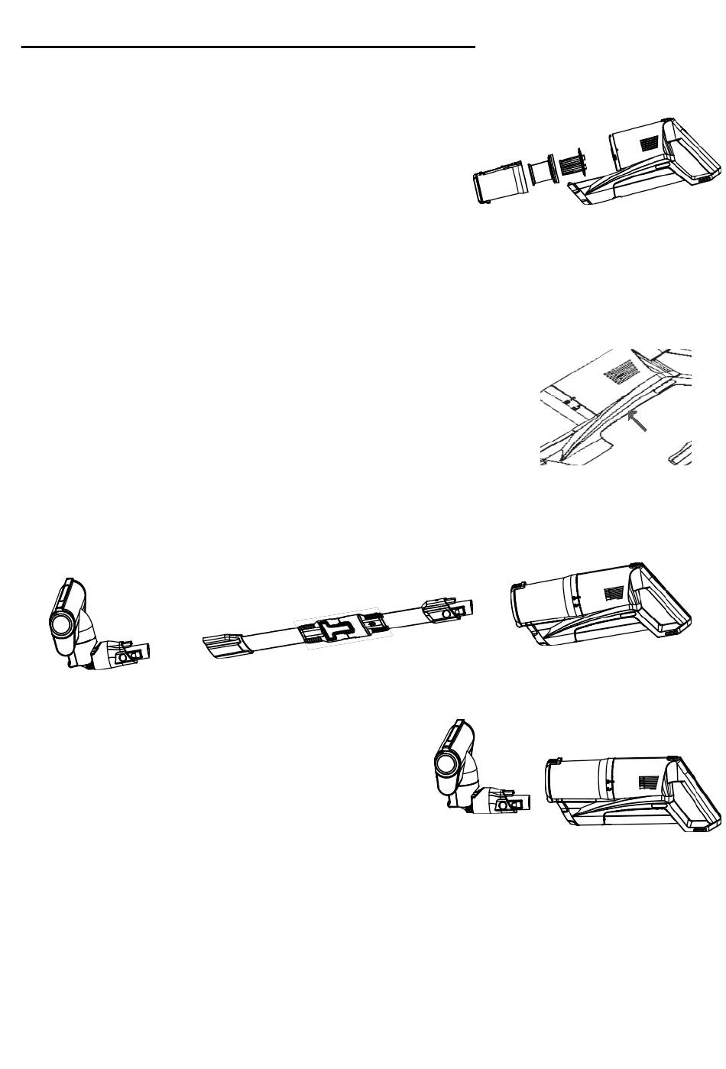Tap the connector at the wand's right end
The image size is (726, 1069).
tap(451, 611)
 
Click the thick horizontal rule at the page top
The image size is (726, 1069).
tap(248, 47)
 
